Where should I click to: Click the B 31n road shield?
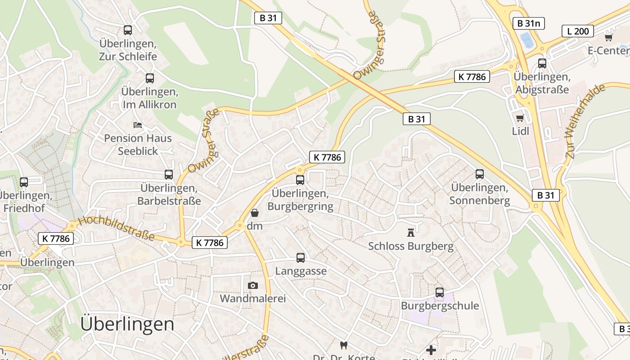tap(529, 23)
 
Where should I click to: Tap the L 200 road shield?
tap(578, 31)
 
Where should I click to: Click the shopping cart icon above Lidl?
tap(520, 118)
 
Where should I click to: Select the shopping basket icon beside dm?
tap(255, 212)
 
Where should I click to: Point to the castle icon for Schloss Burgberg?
tap(410, 233)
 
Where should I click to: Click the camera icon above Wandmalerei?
tap(253, 285)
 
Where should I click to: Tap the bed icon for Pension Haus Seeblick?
tap(138, 125)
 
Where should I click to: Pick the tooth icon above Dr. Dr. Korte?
tap(344, 346)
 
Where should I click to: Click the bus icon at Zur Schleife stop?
tap(128, 30)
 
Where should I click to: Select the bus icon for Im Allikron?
tap(150, 78)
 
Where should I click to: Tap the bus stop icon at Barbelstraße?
tap(169, 175)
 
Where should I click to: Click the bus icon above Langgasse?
tap(301, 258)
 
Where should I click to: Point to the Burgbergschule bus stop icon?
tap(440, 292)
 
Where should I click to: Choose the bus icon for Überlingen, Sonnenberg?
tap(480, 174)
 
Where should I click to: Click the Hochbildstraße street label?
tap(116, 228)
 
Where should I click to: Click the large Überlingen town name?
tap(127, 324)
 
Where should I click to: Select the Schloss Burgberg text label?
tap(411, 246)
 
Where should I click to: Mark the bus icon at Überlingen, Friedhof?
tap(24, 182)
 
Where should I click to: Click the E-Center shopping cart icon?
tap(608, 38)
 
